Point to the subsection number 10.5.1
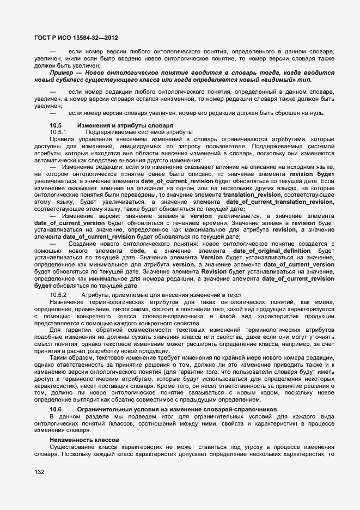point(58,132)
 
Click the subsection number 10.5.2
point(58,295)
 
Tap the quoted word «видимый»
point(280,80)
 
